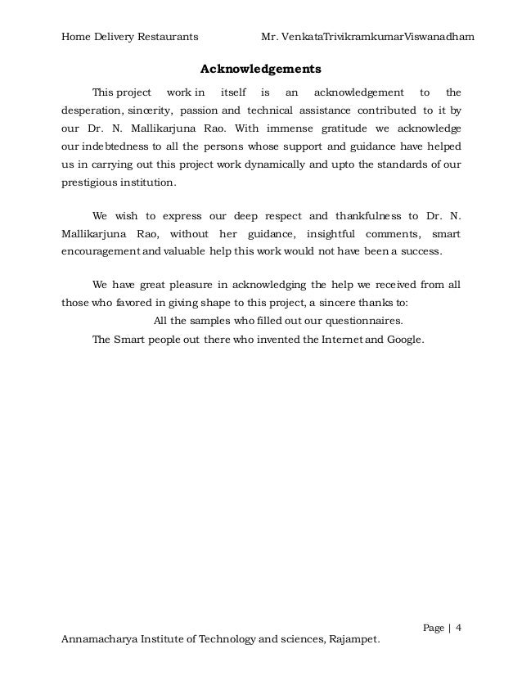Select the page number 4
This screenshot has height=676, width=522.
tap(459, 628)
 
